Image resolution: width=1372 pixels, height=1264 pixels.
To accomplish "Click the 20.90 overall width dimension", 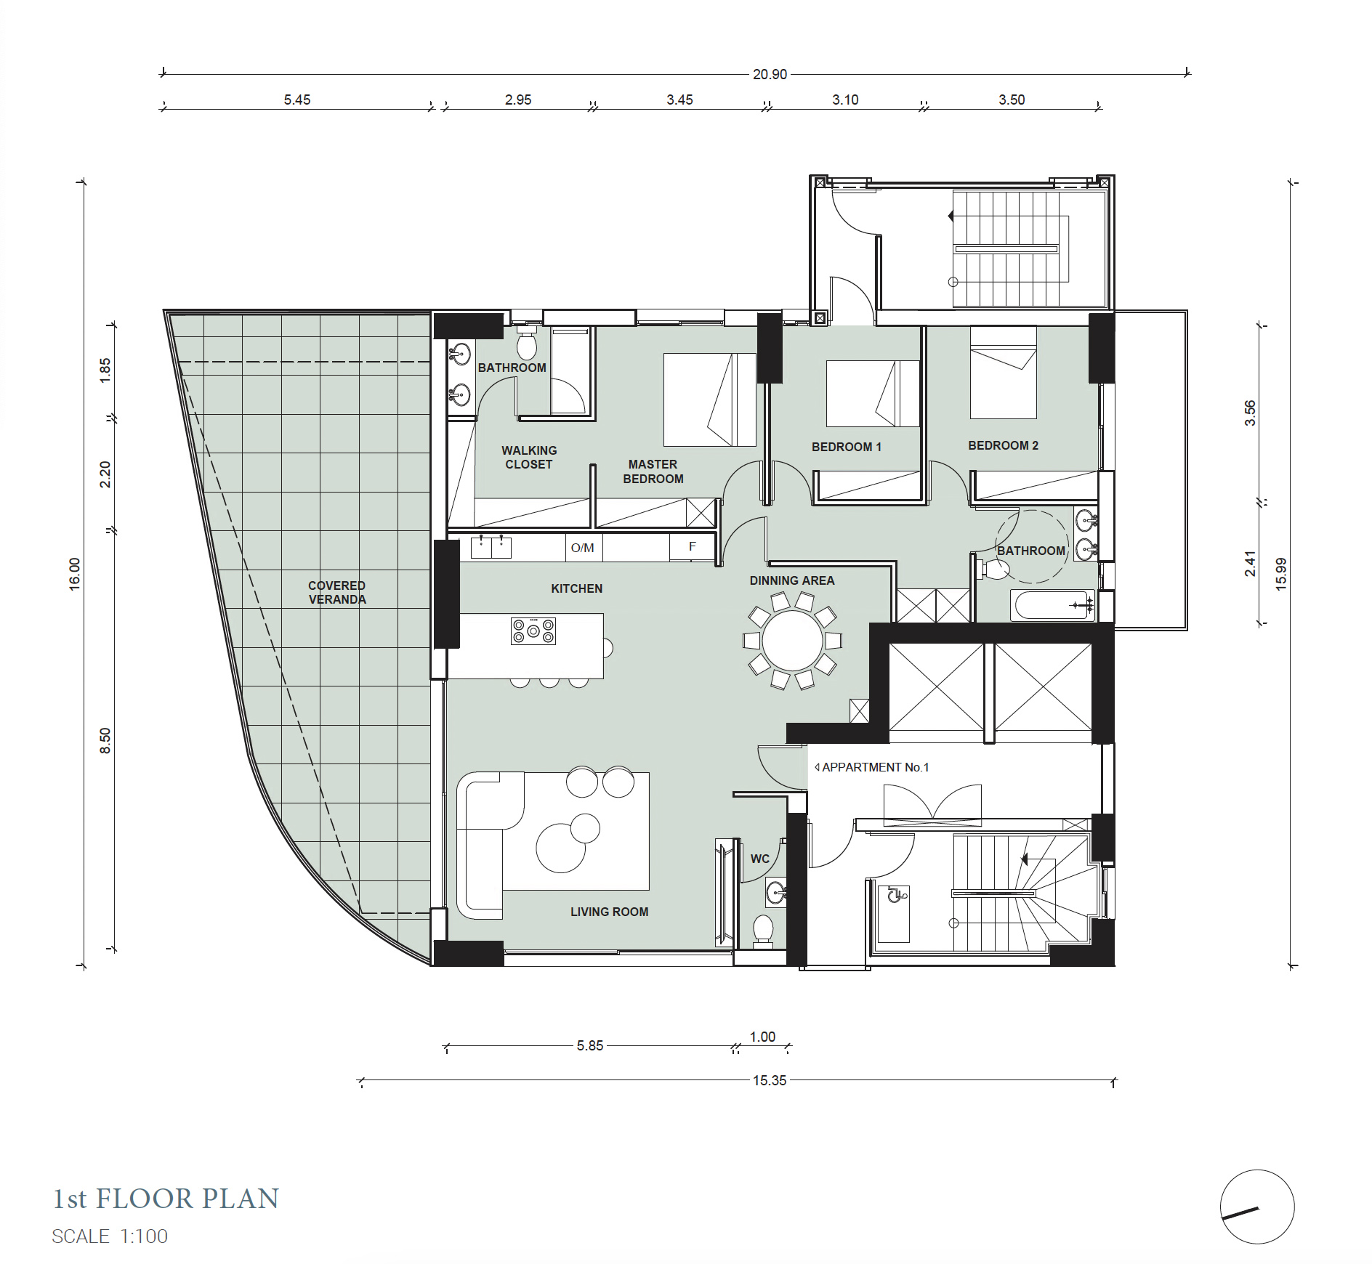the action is [x=770, y=74].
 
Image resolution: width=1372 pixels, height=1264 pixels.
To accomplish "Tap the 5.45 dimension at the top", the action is [x=297, y=100].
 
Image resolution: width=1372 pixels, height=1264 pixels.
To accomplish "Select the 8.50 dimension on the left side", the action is [x=105, y=741].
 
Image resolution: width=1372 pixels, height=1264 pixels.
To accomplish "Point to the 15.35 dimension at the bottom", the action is [x=770, y=1080].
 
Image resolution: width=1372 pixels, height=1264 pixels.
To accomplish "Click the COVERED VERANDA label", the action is [x=337, y=592].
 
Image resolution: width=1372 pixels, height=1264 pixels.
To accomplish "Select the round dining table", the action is [x=793, y=641].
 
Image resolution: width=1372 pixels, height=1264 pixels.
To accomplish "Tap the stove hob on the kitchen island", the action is [x=533, y=631].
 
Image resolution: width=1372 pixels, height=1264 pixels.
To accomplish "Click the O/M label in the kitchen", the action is [x=583, y=548].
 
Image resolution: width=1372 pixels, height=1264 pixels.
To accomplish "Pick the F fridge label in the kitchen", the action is [x=693, y=546].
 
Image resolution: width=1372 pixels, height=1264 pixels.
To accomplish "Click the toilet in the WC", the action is [x=763, y=931].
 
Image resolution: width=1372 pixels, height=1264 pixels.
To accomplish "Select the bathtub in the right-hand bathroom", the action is [x=1053, y=605].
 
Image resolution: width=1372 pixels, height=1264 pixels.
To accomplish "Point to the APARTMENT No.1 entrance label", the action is [x=872, y=767].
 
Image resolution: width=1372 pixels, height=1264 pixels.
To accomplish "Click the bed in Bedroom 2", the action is [x=1004, y=372].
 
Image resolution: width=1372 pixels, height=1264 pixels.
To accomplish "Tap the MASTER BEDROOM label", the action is [x=653, y=471].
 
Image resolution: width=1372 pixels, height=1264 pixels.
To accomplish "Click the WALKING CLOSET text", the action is [x=529, y=458].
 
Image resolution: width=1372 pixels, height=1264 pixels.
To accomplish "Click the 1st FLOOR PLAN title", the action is [x=166, y=1199].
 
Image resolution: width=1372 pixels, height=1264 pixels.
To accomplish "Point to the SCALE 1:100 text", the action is [x=110, y=1236].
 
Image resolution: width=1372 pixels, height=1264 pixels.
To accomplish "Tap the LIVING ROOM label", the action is [x=610, y=912].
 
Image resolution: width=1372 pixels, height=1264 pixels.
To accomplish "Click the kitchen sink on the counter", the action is [x=491, y=547].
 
